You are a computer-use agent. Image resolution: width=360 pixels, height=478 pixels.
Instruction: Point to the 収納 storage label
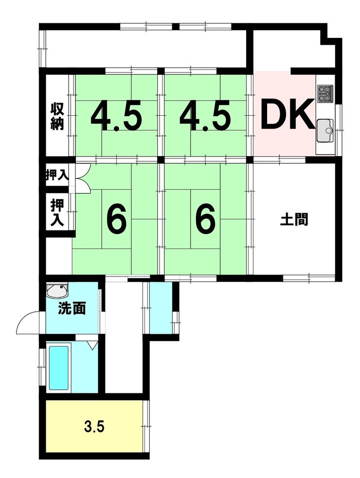(57, 116)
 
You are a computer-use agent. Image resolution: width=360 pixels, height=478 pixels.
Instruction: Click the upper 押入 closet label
(56, 175)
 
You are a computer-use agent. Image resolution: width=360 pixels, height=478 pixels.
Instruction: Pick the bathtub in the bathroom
(58, 368)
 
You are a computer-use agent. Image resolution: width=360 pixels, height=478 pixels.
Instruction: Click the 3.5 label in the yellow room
(94, 427)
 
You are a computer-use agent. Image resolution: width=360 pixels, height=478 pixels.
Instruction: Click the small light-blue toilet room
(161, 308)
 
